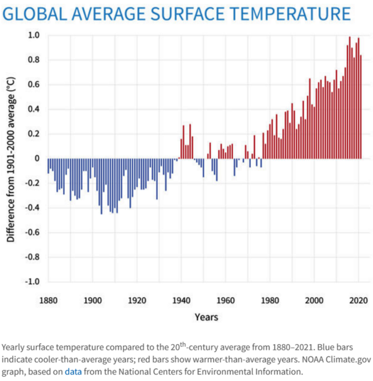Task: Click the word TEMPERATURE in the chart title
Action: click(x=290, y=14)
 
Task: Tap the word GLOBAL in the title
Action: click(x=35, y=14)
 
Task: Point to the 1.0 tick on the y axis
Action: click(x=34, y=36)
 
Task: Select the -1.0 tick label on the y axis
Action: click(x=32, y=282)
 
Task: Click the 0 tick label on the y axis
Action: click(x=37, y=159)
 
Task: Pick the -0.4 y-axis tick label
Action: click(x=32, y=208)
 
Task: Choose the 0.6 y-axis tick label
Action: click(x=34, y=85)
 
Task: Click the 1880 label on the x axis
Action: click(x=48, y=301)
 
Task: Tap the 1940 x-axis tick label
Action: click(x=181, y=301)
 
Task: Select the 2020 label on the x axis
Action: click(x=358, y=301)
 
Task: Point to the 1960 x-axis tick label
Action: click(x=226, y=301)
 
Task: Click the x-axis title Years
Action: click(x=207, y=317)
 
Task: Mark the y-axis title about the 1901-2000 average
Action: click(x=11, y=159)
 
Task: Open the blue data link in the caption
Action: click(x=73, y=372)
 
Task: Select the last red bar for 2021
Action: click(x=361, y=107)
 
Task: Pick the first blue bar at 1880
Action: click(x=48, y=166)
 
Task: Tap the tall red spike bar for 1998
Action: click(x=310, y=119)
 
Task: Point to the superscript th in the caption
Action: click(x=183, y=345)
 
